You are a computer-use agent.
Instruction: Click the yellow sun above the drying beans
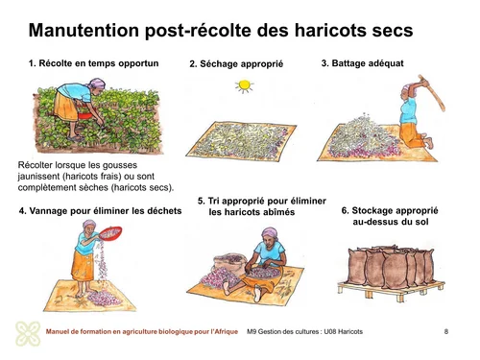(244, 86)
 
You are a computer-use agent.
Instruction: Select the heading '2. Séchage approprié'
(236, 64)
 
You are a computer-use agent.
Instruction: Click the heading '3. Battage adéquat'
(362, 62)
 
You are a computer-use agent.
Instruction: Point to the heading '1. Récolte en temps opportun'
(106, 63)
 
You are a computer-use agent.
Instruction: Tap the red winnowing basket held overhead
(113, 230)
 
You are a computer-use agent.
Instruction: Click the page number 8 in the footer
(445, 332)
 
